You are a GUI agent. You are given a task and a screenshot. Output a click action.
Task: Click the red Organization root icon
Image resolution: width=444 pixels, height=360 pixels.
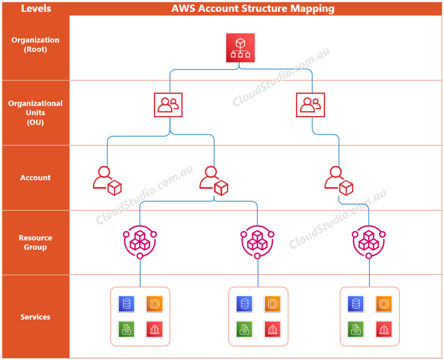pyautogui.click(x=240, y=48)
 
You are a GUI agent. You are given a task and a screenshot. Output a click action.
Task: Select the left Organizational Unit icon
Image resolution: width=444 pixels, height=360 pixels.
pyautogui.click(x=168, y=105)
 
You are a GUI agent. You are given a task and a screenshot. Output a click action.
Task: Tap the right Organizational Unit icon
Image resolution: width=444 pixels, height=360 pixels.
pyautogui.click(x=310, y=105)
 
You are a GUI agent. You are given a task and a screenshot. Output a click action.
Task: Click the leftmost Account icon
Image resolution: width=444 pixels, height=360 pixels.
pyautogui.click(x=107, y=180)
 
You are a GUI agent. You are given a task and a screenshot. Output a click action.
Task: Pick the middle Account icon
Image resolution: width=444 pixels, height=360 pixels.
pyautogui.click(x=213, y=180)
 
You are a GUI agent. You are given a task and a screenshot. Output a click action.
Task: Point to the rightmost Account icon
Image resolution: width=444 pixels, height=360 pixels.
pyautogui.click(x=338, y=180)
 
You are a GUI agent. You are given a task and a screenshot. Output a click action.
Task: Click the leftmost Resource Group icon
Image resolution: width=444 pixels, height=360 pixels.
pyautogui.click(x=140, y=241)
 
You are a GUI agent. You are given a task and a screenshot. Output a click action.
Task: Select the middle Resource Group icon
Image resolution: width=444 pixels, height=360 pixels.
pyautogui.click(x=257, y=241)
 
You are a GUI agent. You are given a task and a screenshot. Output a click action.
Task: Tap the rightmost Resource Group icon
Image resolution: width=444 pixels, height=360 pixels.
pyautogui.click(x=369, y=241)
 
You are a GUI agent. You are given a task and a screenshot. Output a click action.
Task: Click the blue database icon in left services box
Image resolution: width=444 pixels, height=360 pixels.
pyautogui.click(x=126, y=304)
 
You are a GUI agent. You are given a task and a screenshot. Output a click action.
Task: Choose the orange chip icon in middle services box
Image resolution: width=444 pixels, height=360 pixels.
pyautogui.click(x=272, y=304)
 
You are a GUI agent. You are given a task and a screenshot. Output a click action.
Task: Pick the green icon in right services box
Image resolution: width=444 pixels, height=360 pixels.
pyautogui.click(x=356, y=330)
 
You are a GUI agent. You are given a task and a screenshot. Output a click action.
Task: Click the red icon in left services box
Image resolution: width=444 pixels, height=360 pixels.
pyautogui.click(x=154, y=330)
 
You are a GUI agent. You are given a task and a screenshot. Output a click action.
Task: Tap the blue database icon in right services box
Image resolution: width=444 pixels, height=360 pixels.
pyautogui.click(x=356, y=304)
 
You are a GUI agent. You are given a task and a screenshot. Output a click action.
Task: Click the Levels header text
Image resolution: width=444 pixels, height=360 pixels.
pyautogui.click(x=35, y=8)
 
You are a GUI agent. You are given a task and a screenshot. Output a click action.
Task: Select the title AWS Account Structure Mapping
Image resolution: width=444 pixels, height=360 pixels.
pyautogui.click(x=253, y=8)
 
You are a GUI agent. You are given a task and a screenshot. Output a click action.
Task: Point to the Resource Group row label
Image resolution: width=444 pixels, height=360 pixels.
pyautogui.click(x=35, y=242)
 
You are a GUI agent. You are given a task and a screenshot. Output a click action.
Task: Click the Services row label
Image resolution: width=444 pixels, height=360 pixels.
pyautogui.click(x=35, y=317)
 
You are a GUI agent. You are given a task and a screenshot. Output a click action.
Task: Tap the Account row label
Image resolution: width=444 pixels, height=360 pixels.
pyautogui.click(x=35, y=178)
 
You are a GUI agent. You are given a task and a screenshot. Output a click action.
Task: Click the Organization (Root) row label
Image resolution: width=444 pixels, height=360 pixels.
pyautogui.click(x=35, y=44)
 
